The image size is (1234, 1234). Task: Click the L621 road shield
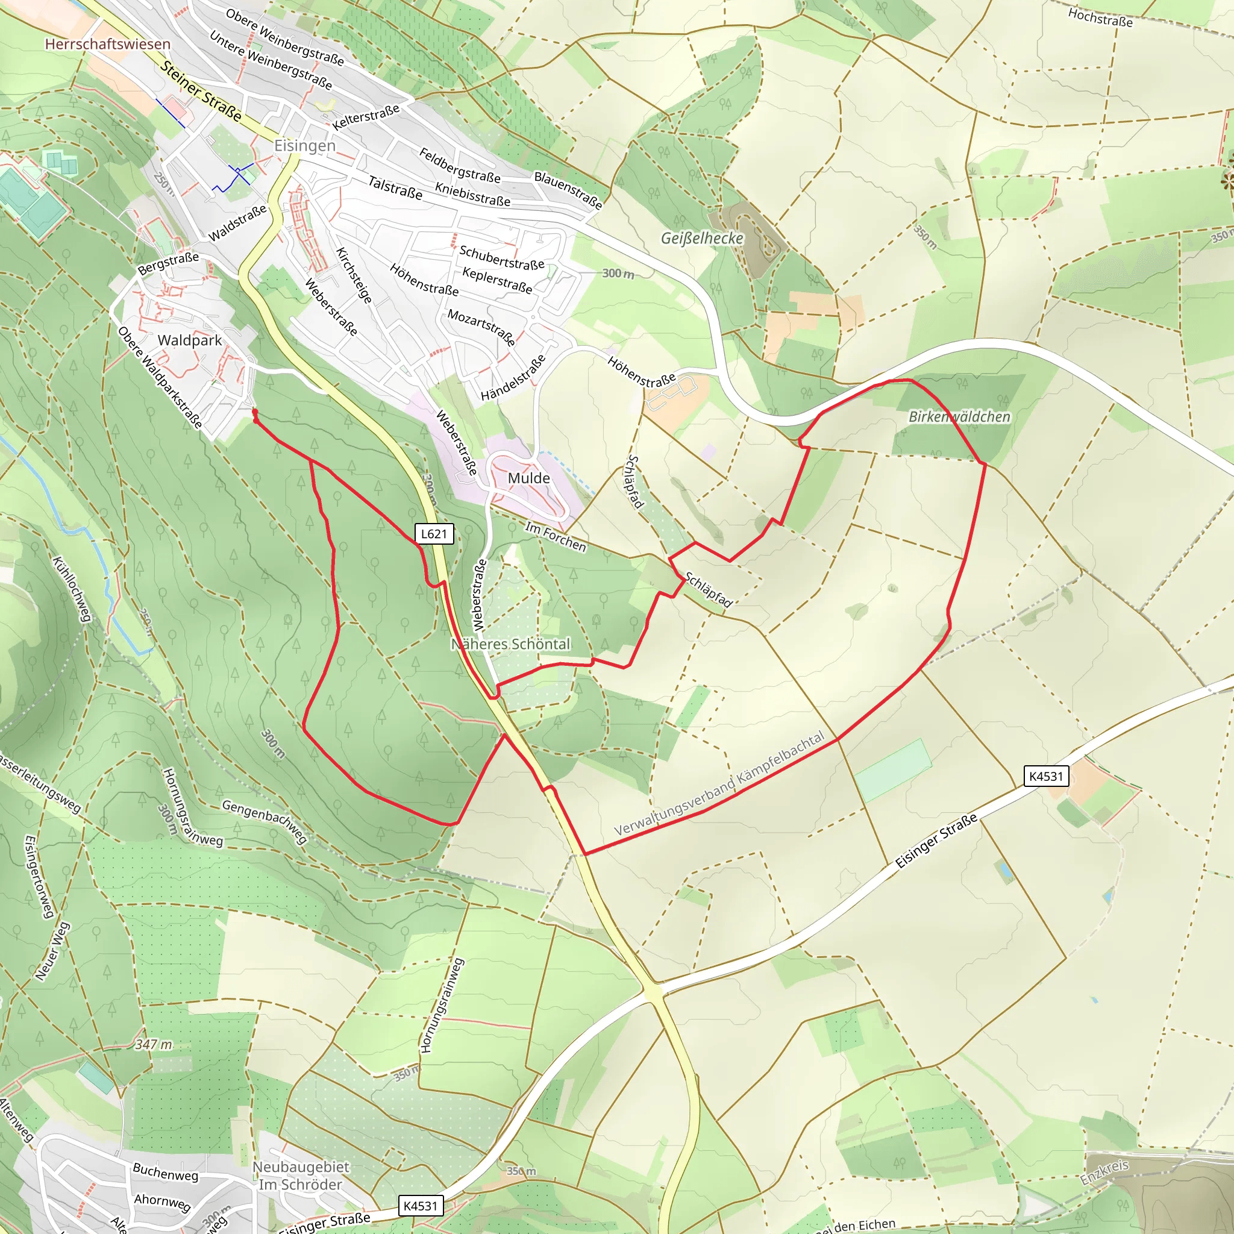tap(434, 534)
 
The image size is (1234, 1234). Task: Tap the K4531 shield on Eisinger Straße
tap(1046, 776)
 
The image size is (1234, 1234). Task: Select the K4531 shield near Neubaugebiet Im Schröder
tap(421, 1206)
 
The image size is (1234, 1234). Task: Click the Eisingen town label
tap(305, 146)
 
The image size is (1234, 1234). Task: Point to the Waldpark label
tap(190, 340)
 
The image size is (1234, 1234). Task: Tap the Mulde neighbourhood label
tap(529, 478)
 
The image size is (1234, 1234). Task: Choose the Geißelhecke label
tap(702, 238)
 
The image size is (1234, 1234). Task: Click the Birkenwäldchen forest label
tap(959, 416)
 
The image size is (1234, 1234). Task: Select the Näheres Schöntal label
tap(511, 644)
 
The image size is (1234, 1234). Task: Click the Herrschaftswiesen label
tap(107, 44)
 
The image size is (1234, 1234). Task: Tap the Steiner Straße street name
tap(201, 92)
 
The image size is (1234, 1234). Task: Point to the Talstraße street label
tap(395, 188)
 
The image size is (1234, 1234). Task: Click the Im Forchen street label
tap(555, 536)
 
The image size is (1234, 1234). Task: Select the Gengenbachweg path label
tap(264, 821)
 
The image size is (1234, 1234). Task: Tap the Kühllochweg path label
tap(71, 589)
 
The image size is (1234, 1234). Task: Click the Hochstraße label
tap(1100, 17)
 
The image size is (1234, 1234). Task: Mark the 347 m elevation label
tap(153, 1045)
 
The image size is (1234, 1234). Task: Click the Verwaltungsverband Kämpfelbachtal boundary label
tap(719, 785)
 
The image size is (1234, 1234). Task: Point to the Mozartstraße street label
tap(481, 327)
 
